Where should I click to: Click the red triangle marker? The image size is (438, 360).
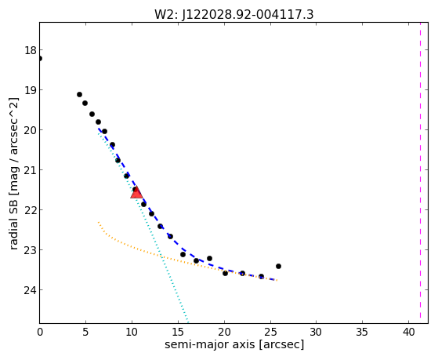(x=136, y=192)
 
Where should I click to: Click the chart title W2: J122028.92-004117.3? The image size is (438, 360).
(x=233, y=15)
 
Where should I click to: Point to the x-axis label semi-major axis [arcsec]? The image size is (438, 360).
(x=234, y=344)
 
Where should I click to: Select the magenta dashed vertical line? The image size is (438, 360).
(x=420, y=173)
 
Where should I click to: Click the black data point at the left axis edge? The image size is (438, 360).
(x=40, y=59)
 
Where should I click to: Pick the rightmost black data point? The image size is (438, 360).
(x=278, y=266)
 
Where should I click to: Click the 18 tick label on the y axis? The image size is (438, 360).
(x=31, y=51)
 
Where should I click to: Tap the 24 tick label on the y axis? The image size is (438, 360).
(x=31, y=290)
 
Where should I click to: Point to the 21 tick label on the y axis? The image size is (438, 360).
(x=31, y=170)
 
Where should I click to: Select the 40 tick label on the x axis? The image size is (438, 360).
(x=408, y=333)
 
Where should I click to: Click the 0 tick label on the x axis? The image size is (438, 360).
(x=40, y=333)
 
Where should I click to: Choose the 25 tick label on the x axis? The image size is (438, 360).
(x=270, y=333)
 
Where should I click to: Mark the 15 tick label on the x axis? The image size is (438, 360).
(x=178, y=333)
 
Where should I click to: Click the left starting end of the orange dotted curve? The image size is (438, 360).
(x=98, y=222)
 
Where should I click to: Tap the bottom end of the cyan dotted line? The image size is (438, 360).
(x=188, y=322)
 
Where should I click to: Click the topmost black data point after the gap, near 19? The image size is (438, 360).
(x=79, y=95)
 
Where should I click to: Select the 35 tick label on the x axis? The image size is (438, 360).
(x=362, y=333)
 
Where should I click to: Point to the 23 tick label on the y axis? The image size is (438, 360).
(x=31, y=250)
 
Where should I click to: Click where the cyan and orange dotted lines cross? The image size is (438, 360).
(x=161, y=256)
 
